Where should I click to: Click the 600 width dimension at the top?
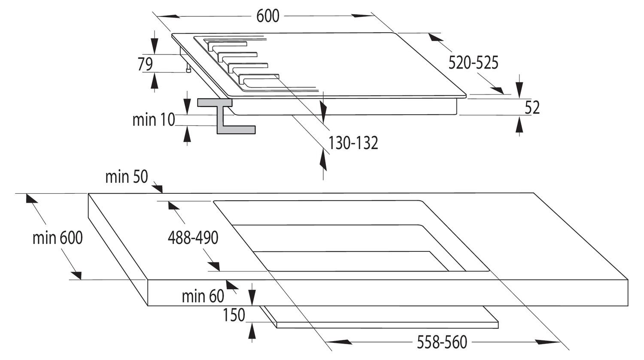click(267, 16)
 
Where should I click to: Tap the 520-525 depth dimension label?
click(473, 63)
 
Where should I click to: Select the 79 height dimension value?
click(145, 64)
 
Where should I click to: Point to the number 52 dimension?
click(532, 108)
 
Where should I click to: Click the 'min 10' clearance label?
click(154, 120)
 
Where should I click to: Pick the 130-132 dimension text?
click(353, 143)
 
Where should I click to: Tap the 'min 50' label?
click(127, 177)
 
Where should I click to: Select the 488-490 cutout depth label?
click(193, 238)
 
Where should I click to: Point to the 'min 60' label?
click(203, 296)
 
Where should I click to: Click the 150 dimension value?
click(234, 315)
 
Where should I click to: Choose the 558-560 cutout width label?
click(442, 342)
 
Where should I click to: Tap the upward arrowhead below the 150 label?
click(252, 330)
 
